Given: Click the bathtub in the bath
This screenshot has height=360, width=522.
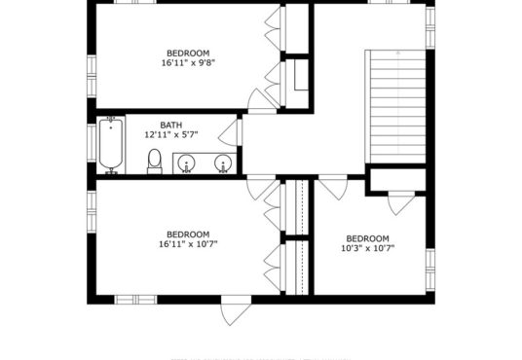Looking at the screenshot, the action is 111,145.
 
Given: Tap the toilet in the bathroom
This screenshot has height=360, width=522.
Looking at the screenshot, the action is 155,162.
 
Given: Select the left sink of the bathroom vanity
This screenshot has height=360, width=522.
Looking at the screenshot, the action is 186,163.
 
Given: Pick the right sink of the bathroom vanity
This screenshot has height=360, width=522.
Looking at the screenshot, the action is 223,163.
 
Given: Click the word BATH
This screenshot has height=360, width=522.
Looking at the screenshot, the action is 171,126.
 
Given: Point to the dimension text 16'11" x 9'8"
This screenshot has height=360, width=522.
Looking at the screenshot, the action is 188,63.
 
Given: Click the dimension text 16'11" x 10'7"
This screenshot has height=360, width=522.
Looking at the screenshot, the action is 188,244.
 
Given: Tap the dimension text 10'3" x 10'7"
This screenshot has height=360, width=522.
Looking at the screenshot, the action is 368,248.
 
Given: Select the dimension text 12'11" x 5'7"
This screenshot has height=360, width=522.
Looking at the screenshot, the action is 171,134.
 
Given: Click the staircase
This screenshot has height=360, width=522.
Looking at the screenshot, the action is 395,106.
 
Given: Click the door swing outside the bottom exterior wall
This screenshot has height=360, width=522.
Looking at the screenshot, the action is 236,310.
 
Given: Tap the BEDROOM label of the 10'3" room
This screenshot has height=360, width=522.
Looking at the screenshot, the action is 367,238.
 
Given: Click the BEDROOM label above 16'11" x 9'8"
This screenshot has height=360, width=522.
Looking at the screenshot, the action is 188,54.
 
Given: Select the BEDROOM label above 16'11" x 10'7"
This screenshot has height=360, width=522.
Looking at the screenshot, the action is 188,234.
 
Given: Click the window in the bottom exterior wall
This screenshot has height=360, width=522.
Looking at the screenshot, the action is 135,300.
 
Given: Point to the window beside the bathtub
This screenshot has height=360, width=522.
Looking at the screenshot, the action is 92,143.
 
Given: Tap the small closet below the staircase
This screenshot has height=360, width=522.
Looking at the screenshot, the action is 397,180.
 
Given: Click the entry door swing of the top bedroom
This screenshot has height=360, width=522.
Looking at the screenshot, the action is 262,100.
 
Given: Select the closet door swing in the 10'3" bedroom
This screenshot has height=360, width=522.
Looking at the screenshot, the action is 401,203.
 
